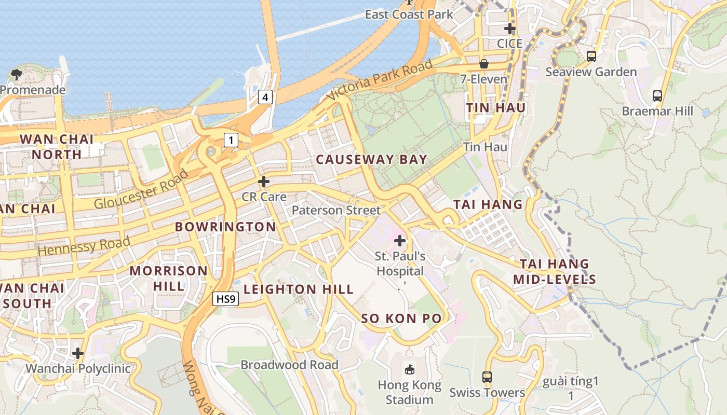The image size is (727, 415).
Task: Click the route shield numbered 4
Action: [x=265, y=96]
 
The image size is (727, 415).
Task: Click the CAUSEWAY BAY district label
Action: [x=371, y=160]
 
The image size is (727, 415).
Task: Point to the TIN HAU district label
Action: [x=495, y=108]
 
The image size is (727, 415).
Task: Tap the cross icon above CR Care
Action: [x=264, y=182]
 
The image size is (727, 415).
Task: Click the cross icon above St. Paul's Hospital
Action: [x=400, y=240]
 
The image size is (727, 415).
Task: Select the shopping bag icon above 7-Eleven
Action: [x=484, y=64]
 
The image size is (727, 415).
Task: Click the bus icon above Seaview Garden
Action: [x=591, y=56]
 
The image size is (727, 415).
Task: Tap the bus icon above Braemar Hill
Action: [x=657, y=95]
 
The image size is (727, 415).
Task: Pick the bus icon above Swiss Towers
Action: [x=487, y=377]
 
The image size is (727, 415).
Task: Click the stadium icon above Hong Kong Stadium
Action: [x=410, y=369]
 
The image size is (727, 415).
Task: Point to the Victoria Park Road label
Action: [x=380, y=80]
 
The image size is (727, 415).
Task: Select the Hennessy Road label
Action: [x=84, y=246]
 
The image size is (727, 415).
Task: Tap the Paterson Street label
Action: [x=336, y=210]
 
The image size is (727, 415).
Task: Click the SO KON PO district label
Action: [x=401, y=319]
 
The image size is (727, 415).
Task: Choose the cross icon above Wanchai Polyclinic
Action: [x=78, y=353]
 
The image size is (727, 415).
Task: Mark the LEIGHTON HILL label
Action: [x=299, y=289]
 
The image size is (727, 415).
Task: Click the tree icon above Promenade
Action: [x=16, y=74]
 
